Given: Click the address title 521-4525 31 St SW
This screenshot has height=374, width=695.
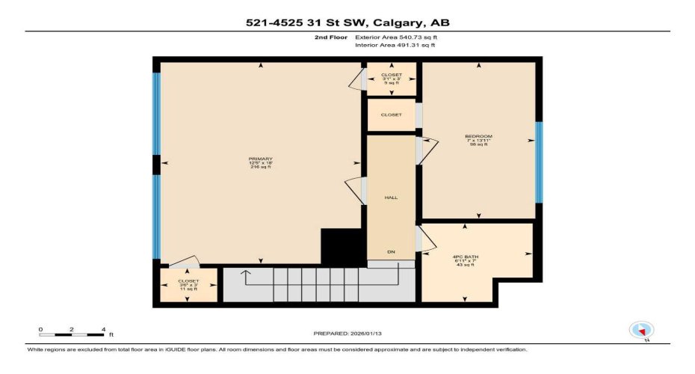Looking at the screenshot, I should (347, 22).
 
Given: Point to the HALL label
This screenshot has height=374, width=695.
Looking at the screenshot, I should (390, 197).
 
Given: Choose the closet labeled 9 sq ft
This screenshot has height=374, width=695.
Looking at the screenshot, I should (391, 79).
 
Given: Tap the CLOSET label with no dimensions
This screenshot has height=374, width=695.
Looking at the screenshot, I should (391, 114).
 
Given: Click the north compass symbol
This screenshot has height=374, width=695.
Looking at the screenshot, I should (641, 329).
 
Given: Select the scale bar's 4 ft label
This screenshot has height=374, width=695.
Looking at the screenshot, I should (105, 329).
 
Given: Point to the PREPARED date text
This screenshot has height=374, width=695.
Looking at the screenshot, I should (347, 334).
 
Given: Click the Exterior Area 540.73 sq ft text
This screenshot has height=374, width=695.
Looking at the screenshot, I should (395, 36).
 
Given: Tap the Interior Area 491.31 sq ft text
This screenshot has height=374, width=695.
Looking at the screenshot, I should (395, 45).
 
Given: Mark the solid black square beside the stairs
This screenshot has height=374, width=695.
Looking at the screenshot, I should (336, 245).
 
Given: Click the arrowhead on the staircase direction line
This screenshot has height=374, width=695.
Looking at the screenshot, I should (245, 272).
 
